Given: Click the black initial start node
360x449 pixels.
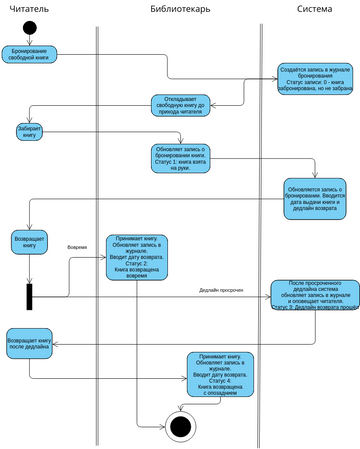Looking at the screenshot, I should (30, 27).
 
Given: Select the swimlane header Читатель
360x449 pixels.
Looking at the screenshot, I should (29, 9).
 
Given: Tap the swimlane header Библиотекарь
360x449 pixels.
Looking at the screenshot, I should (179, 9).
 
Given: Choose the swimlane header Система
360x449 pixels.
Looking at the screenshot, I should (316, 9).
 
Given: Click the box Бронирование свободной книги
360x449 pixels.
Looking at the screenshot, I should (29, 52).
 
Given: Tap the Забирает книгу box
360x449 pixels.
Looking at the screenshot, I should (30, 133).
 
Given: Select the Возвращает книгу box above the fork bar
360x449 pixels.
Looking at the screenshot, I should (29, 243).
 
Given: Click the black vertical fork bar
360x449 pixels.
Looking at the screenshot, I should (30, 297).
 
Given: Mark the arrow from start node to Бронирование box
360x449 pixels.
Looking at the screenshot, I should (30, 39).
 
